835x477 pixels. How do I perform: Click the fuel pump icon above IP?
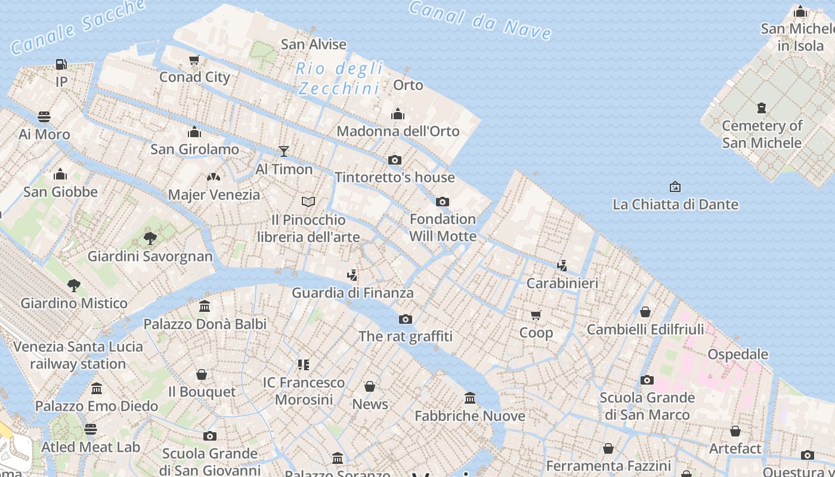pos(61,64)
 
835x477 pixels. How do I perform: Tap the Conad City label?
pos(194,77)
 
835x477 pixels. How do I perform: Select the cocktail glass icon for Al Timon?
pos(284,151)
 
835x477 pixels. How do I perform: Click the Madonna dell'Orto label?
pos(398,131)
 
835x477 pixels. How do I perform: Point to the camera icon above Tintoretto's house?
pos(394,160)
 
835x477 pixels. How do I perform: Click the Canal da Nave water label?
pos(481,20)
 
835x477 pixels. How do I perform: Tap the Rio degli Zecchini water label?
pos(339,79)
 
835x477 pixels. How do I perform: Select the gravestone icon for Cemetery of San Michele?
pos(762,108)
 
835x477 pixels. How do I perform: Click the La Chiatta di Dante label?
pos(675,205)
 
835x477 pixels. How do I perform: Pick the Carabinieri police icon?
pos(562,265)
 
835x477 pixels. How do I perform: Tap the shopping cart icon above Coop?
pos(536,315)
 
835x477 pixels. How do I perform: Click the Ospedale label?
pos(737,354)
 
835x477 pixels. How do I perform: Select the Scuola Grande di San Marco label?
pos(647,406)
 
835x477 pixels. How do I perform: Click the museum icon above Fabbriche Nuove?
pos(470,398)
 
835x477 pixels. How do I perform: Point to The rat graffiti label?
pos(406,336)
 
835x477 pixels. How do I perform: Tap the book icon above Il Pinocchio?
pos(308,202)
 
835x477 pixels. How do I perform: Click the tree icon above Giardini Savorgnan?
pos(150,238)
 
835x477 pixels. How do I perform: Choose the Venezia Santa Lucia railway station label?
pos(78,355)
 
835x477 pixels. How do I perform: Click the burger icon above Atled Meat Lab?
pos(91,429)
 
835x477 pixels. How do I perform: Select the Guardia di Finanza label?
pos(352,293)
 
